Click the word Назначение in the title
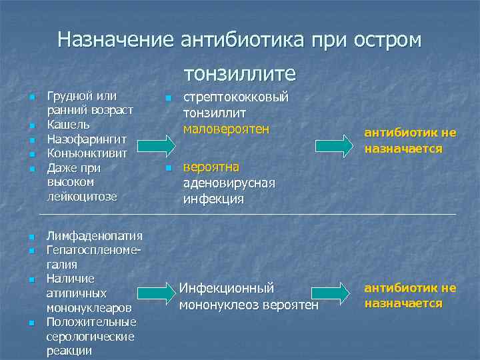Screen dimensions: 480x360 click(115, 40)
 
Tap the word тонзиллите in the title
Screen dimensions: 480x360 click(239, 72)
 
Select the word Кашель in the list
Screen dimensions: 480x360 click(69, 125)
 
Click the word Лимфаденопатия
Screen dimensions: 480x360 click(95, 235)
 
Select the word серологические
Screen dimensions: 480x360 click(90, 337)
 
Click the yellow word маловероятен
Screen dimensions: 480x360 click(226, 128)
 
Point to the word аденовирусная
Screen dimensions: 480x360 click(229, 183)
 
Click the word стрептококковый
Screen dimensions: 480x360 click(236, 97)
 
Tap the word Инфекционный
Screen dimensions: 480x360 click(226, 289)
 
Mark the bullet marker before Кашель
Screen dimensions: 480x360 click(31, 125)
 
